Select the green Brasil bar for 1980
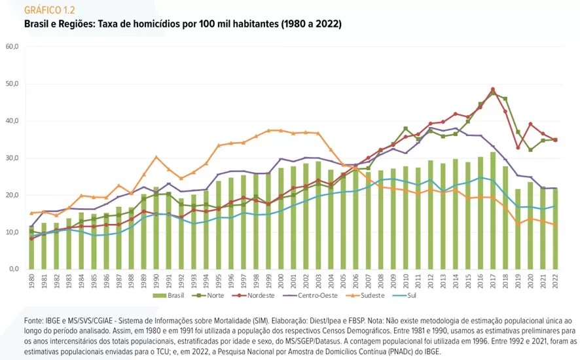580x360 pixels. tap(31, 252)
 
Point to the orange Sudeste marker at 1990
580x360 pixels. tap(156, 156)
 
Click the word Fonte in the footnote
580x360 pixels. tap(33, 322)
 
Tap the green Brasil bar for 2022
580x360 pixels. tap(554, 229)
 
